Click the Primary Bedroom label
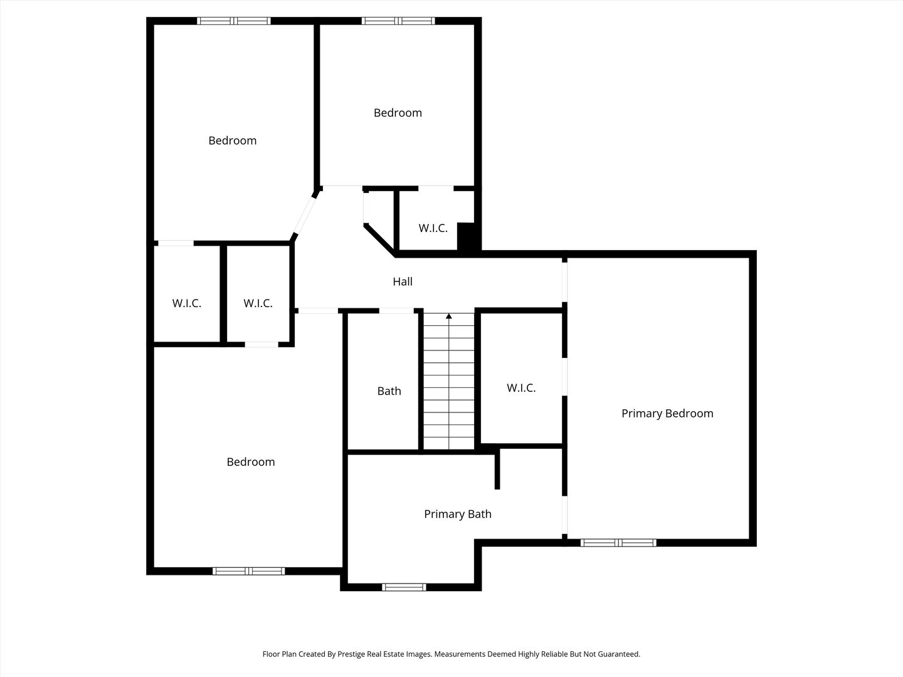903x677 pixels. click(667, 413)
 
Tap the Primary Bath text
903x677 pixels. click(458, 514)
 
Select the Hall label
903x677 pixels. click(403, 281)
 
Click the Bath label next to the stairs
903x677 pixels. click(389, 391)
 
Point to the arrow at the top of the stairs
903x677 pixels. click(448, 317)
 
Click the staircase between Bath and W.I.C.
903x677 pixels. click(448, 382)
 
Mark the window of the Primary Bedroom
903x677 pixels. click(618, 542)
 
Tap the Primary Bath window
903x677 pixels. click(404, 587)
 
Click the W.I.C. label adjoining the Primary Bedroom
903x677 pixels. click(521, 388)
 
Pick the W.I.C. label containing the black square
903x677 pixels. click(433, 228)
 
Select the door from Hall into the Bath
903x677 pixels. click(396, 310)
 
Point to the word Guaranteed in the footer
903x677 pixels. click(618, 654)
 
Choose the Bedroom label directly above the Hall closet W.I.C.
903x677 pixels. click(398, 113)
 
